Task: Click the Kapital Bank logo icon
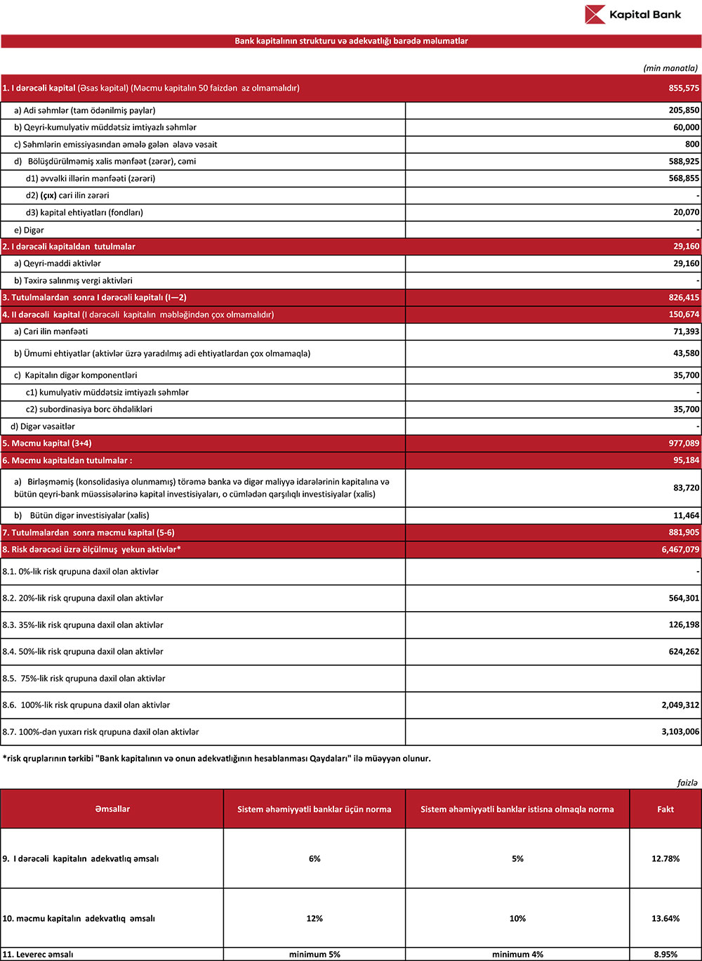[595, 14]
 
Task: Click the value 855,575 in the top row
[684, 89]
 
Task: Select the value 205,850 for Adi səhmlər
[684, 111]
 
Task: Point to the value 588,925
[684, 162]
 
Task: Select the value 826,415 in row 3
[684, 298]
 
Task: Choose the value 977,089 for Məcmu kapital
[684, 444]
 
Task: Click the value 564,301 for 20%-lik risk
[684, 599]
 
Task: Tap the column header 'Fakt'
[665, 809]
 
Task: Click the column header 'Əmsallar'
[112, 809]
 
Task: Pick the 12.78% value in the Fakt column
[665, 858]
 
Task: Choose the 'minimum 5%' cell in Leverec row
[314, 955]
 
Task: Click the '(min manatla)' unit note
[670, 68]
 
